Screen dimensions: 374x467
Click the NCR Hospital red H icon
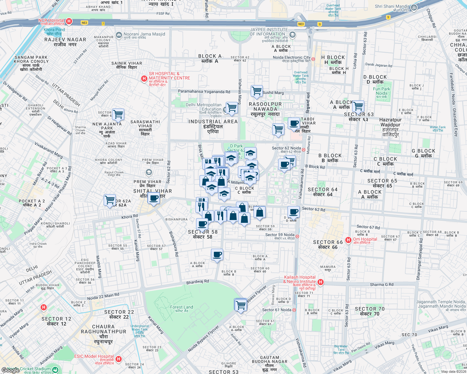[69, 22]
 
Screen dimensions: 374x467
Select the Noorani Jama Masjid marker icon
[119, 35]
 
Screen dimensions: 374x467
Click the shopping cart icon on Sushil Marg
[257, 91]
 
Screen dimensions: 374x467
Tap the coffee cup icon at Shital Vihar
[154, 198]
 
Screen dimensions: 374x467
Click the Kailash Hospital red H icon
[320, 282]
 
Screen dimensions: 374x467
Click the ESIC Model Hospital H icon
[119, 359]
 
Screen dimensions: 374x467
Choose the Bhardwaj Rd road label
[198, 282]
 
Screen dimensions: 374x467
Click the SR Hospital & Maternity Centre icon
[144, 79]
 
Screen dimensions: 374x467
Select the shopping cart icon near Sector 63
[358, 106]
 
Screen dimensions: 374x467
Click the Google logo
[10, 370]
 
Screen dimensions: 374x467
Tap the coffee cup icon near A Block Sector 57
[217, 255]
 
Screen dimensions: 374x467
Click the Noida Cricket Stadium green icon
[55, 370]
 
